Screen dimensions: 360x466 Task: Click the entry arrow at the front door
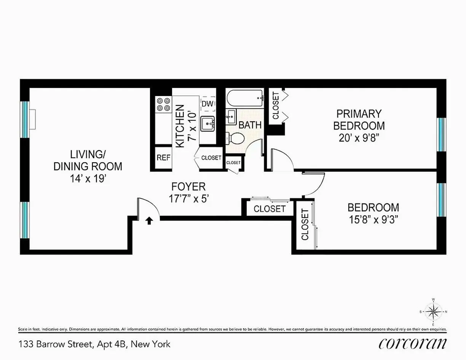pyautogui.click(x=149, y=220)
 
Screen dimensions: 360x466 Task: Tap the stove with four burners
pyautogui.click(x=163, y=104)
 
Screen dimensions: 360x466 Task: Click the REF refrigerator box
pyautogui.click(x=164, y=158)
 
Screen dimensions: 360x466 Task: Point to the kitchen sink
pyautogui.click(x=207, y=123)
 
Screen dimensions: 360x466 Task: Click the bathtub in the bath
pyautogui.click(x=245, y=99)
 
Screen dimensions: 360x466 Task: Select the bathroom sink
pyautogui.click(x=231, y=117)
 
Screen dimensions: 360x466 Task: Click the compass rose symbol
pyautogui.click(x=433, y=312)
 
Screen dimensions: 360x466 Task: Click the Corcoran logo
pyautogui.click(x=412, y=343)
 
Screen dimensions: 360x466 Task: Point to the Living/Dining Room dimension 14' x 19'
pyautogui.click(x=88, y=179)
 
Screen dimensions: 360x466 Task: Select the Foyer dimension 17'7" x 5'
pyautogui.click(x=189, y=198)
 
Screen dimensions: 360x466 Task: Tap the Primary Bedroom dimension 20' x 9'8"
pyautogui.click(x=359, y=137)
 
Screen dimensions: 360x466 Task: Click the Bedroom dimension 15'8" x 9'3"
pyautogui.click(x=373, y=220)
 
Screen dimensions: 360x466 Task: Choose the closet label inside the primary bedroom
pyautogui.click(x=276, y=106)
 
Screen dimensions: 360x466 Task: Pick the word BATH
pyautogui.click(x=250, y=125)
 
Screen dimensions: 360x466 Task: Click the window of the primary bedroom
pyautogui.click(x=441, y=134)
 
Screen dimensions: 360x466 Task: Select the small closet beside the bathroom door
pyautogui.click(x=233, y=163)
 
